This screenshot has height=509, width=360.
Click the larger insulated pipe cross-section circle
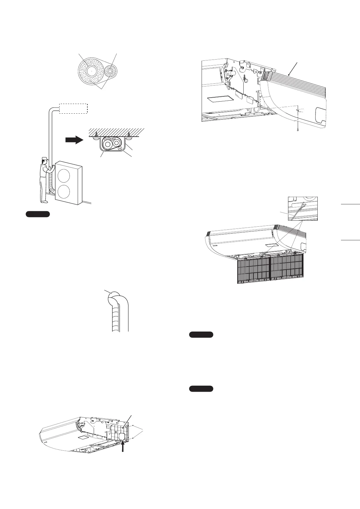(x=90, y=72)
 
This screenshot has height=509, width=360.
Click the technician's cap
(x=45, y=158)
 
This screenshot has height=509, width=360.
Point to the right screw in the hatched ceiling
(x=129, y=133)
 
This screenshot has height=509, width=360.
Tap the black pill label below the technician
(x=37, y=215)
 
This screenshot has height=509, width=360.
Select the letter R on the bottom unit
(x=116, y=433)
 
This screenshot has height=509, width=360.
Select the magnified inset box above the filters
(x=303, y=209)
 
